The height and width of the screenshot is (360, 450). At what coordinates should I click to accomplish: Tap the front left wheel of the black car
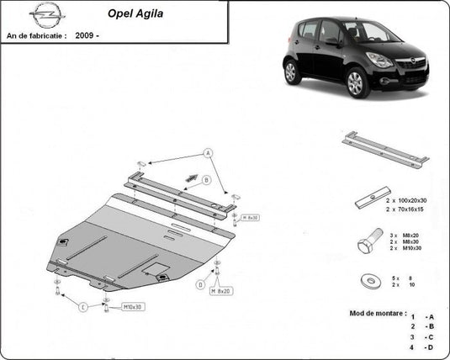[356, 82]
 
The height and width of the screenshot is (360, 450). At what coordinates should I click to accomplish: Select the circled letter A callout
[207, 152]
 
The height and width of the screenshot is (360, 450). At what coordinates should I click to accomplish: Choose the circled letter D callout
[200, 284]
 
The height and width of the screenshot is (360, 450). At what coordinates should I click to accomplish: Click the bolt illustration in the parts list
[365, 243]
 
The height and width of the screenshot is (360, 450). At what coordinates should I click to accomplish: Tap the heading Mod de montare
[379, 313]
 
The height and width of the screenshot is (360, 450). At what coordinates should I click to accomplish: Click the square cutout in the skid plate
[156, 269]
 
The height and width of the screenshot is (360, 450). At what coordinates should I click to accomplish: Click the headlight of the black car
[379, 61]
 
